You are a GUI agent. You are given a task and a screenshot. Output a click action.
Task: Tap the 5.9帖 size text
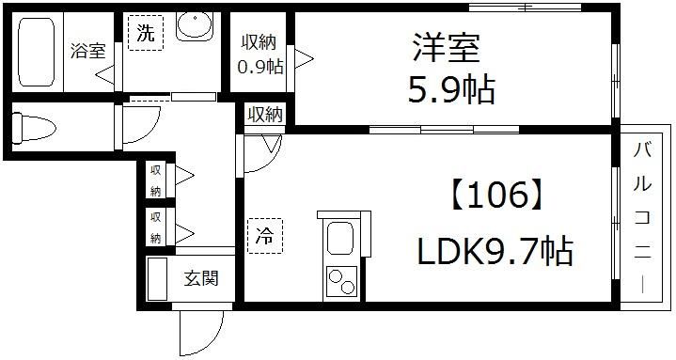tap(451, 91)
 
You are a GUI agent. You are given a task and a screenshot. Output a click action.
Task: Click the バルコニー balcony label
tap(643, 216)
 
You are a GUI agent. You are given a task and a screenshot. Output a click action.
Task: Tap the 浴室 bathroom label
tap(87, 52)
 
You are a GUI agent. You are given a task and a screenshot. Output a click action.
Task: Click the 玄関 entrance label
tap(201, 278)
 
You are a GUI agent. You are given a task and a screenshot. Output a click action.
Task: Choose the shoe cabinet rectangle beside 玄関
tap(156, 279)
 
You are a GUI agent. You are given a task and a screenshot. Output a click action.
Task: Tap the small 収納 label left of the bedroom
tap(265, 115)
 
